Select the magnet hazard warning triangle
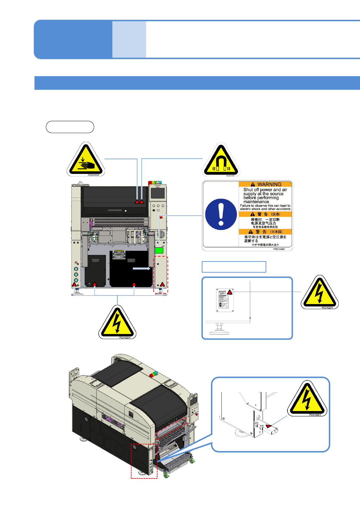click(221, 161)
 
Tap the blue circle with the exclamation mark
click(221, 214)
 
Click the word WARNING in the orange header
click(269, 184)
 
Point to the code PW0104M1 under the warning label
click(279, 249)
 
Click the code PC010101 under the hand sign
click(93, 175)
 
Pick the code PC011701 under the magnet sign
click(230, 176)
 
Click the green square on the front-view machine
click(159, 250)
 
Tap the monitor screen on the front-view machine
click(158, 193)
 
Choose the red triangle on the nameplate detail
click(230, 292)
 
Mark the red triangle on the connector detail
click(268, 426)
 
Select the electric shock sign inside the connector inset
click(307, 399)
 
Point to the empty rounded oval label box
click(70, 127)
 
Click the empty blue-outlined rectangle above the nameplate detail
click(234, 267)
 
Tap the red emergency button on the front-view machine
click(161, 217)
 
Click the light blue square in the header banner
click(129, 39)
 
